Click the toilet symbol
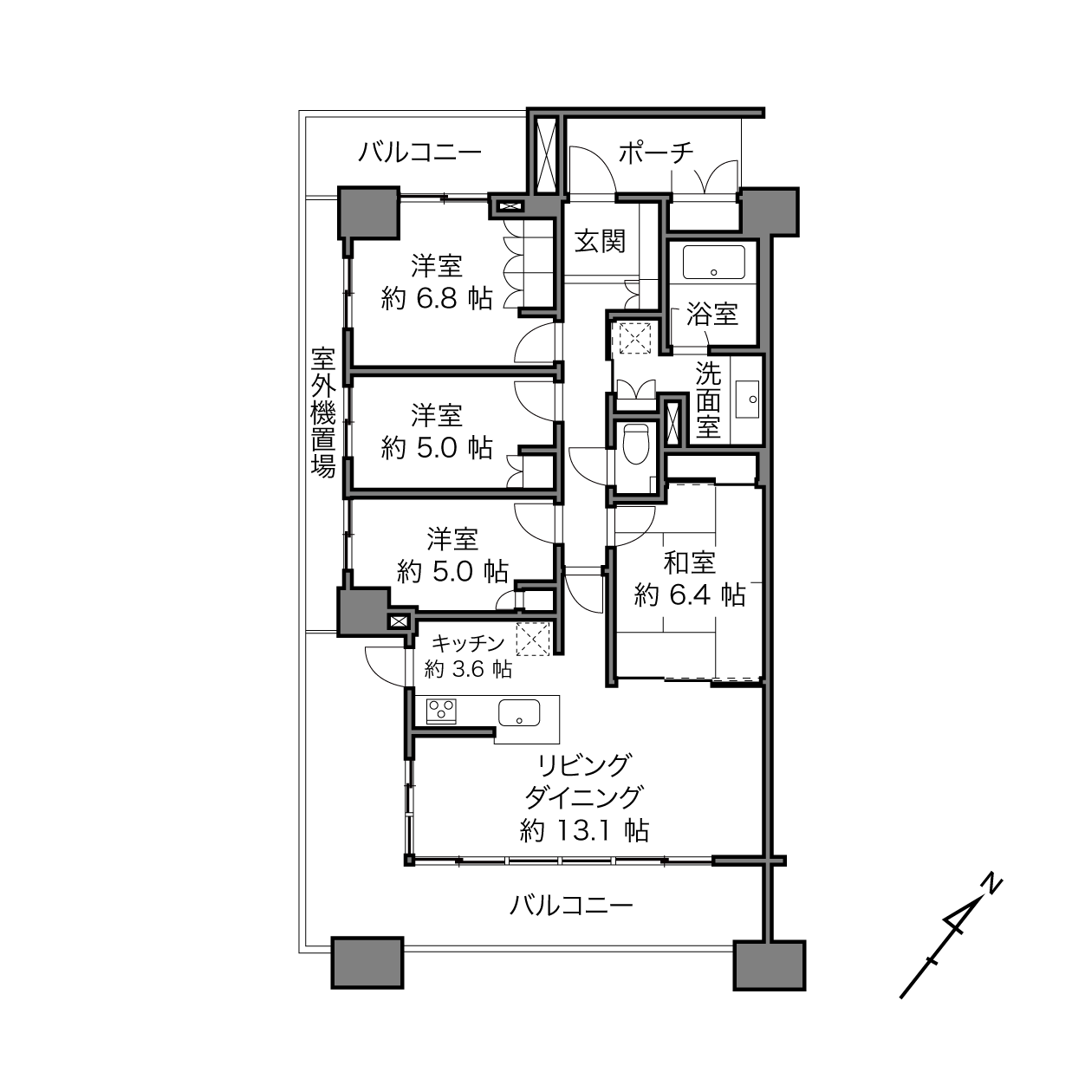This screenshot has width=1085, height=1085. (x=636, y=445)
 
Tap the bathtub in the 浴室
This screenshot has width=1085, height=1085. (x=713, y=263)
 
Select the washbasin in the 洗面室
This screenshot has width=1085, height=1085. (x=747, y=400)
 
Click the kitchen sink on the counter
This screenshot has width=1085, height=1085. (x=518, y=713)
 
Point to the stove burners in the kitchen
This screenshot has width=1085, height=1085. (x=441, y=711)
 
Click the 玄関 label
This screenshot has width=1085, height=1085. (x=600, y=242)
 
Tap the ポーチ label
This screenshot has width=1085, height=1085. (x=656, y=152)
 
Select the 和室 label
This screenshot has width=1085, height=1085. (x=689, y=562)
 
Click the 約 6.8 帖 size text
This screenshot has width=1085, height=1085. (x=437, y=298)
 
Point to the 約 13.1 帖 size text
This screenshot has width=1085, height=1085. (x=584, y=830)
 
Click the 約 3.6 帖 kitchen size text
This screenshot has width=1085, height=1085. (x=468, y=669)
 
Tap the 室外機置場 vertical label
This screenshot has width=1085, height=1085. (x=323, y=413)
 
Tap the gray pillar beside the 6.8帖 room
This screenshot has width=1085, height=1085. (x=369, y=213)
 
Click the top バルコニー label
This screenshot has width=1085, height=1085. (x=420, y=152)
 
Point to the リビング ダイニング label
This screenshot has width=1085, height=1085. (x=583, y=782)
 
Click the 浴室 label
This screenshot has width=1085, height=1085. (x=712, y=314)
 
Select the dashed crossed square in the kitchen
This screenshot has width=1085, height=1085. (x=533, y=639)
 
